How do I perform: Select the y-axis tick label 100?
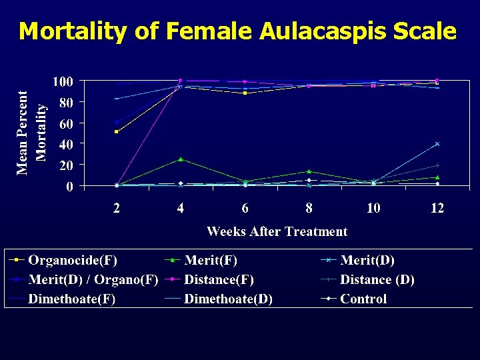(63, 82)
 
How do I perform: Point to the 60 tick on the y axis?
(65, 123)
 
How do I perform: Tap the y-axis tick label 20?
(65, 165)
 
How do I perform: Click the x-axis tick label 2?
(117, 208)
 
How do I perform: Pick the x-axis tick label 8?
(309, 208)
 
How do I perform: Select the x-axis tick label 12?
(437, 208)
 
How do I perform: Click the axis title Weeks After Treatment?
(277, 231)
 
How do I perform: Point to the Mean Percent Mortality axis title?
(31, 133)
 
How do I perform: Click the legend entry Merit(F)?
(211, 260)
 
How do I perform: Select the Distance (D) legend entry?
(377, 279)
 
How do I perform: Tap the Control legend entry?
(363, 299)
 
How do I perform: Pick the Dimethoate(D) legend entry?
(228, 299)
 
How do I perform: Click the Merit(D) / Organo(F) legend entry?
(92, 279)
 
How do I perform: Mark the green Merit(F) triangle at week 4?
(181, 159)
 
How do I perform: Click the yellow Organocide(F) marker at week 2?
(117, 131)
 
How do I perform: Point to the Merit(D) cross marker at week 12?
(437, 144)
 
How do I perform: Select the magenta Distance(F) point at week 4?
(181, 81)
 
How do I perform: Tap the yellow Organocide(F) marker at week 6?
(245, 93)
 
